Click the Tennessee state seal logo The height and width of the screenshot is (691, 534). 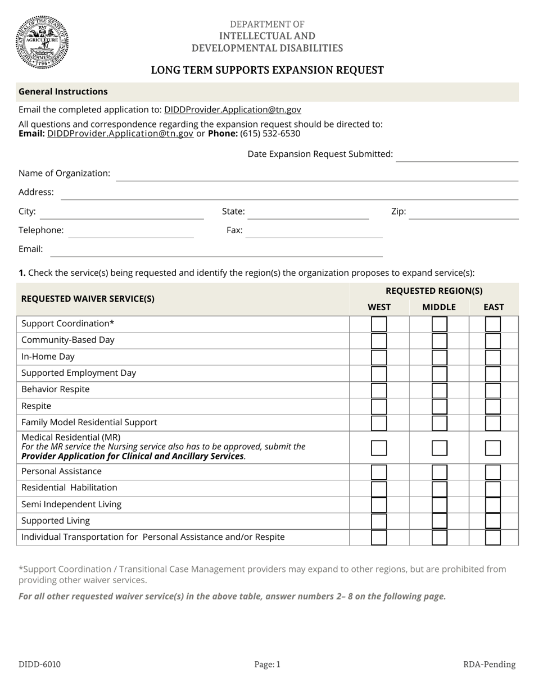42,42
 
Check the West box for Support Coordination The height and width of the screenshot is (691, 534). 379,324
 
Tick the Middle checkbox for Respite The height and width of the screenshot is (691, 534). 439,406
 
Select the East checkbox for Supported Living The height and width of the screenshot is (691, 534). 493,521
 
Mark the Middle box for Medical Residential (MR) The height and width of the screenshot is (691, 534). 439,448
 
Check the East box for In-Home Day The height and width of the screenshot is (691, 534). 493,357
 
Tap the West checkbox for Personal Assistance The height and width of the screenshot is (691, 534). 379,472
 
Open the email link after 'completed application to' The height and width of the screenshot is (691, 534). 232,110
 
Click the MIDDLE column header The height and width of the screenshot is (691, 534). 439,307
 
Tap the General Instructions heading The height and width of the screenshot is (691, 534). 63,92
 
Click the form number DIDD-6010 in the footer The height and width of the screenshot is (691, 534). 39,665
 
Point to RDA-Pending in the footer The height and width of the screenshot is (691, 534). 489,665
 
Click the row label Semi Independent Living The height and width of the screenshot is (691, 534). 71,504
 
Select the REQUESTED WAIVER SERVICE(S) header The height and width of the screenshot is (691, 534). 88,299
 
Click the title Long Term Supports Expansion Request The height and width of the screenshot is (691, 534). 267,70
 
